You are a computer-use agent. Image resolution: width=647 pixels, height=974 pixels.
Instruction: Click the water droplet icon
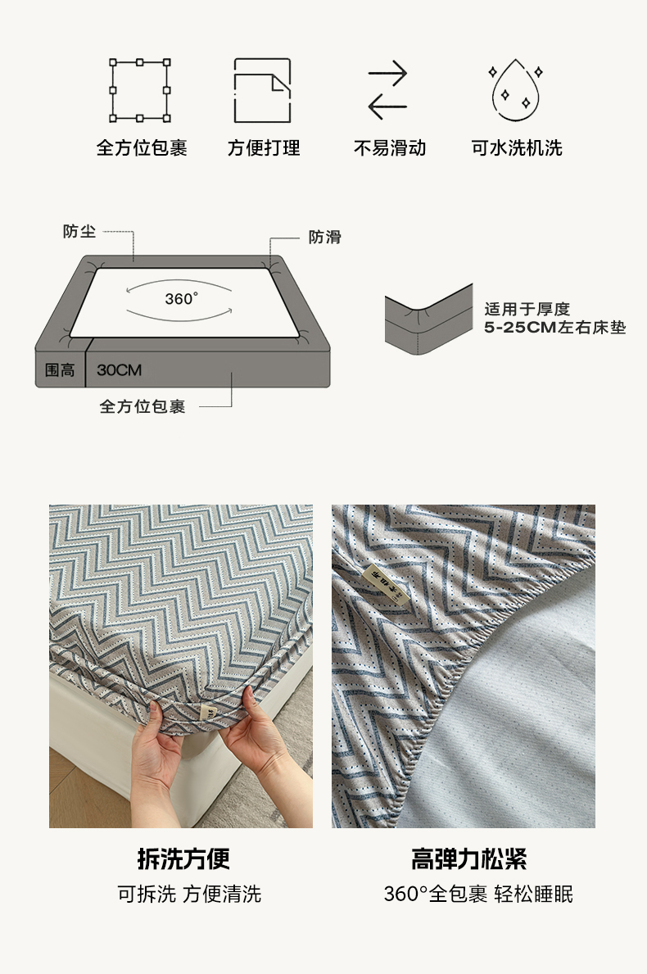[x=515, y=91]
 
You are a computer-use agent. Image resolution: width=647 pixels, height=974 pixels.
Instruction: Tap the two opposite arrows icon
[x=387, y=91]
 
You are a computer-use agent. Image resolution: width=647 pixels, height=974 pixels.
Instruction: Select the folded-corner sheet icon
[x=262, y=91]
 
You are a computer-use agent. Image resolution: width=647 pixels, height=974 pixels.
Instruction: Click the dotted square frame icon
[x=140, y=91]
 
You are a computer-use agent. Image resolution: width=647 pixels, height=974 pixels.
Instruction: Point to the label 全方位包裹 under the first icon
[x=142, y=147]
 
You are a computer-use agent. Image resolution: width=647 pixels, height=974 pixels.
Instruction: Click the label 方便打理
[x=264, y=147]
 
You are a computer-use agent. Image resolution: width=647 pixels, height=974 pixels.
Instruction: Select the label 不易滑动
[x=390, y=147]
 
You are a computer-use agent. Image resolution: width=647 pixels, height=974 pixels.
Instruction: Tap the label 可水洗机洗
[x=517, y=147]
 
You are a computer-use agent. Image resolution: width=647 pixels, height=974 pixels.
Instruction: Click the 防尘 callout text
[x=79, y=232]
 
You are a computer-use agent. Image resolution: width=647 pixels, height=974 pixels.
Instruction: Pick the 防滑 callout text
[x=325, y=237]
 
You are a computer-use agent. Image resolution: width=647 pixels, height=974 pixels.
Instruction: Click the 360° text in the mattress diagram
[x=181, y=299]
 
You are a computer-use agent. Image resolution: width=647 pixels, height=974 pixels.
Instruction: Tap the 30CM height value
[x=120, y=370]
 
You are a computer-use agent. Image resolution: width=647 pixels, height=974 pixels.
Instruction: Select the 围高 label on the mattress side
[x=60, y=370]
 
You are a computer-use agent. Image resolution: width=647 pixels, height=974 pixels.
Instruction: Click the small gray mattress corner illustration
[x=428, y=320]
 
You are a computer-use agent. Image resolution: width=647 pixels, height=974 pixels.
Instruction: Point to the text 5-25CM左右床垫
[x=555, y=328]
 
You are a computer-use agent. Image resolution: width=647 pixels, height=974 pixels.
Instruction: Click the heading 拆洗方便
[x=183, y=859]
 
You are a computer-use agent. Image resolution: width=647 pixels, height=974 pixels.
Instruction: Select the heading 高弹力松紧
[x=468, y=859]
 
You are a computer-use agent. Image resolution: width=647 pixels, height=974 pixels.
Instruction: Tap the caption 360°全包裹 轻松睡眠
[x=478, y=894]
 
